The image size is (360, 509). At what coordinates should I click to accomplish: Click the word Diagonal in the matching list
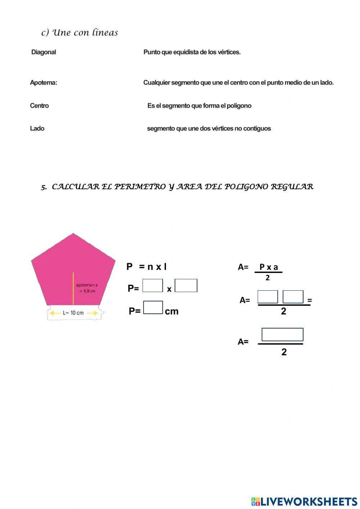click(44, 52)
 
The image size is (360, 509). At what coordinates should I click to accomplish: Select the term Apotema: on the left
click(43, 83)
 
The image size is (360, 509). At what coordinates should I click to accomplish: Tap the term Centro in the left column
click(39, 106)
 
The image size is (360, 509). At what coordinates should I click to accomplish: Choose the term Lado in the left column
click(37, 129)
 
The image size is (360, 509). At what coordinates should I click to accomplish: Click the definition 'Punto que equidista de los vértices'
click(192, 52)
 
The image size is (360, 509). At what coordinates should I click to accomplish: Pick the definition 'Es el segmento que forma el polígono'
click(199, 106)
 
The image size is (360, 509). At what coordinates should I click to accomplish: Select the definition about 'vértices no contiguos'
click(209, 129)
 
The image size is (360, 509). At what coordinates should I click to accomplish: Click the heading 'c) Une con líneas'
click(80, 33)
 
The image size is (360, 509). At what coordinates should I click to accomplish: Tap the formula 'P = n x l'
click(147, 267)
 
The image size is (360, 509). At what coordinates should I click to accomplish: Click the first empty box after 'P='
click(153, 286)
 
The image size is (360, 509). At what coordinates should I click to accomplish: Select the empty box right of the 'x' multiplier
click(186, 286)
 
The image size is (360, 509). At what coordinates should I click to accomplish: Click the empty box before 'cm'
click(153, 308)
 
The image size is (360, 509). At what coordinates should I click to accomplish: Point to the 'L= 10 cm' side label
click(73, 313)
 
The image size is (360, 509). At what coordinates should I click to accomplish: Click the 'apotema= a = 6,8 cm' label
click(87, 288)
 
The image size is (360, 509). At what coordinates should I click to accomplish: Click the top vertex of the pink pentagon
click(73, 234)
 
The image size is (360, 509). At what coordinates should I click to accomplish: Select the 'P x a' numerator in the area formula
click(269, 267)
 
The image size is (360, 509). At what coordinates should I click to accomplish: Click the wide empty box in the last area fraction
click(282, 335)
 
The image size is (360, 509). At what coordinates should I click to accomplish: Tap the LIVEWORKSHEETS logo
click(304, 501)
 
